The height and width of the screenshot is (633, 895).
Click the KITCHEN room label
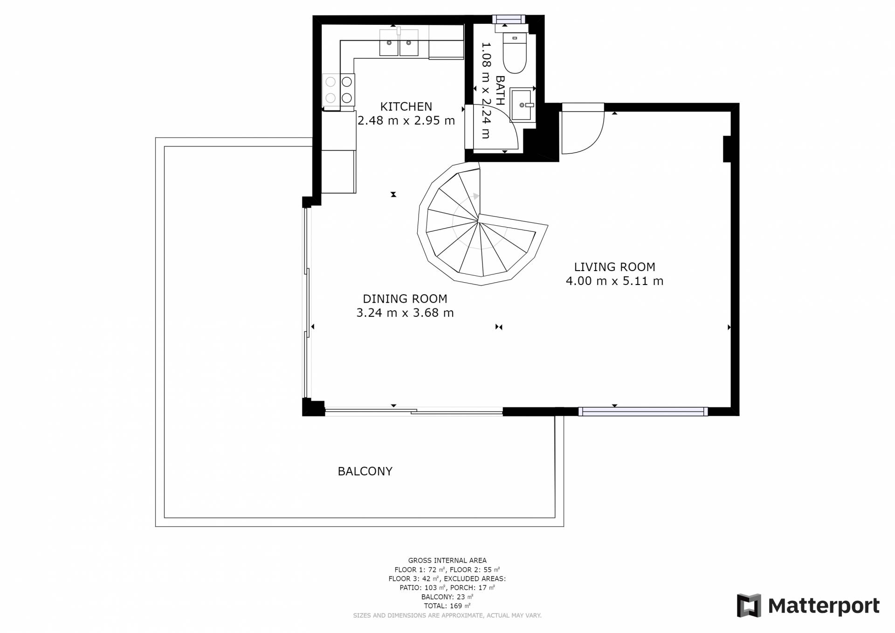406,106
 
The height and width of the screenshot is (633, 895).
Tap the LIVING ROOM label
614,267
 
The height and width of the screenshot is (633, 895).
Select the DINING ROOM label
405,299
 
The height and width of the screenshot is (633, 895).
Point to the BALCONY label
365,471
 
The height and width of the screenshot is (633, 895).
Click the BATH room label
500,90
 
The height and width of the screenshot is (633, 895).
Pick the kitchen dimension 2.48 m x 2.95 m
406,120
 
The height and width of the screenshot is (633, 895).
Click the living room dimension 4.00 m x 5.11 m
614,281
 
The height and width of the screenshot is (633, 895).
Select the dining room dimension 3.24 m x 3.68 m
405,313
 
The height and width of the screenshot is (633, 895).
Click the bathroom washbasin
522,105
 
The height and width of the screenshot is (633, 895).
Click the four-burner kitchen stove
338,90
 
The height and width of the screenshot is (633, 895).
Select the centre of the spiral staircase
479,219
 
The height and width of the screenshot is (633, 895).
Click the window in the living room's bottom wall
643,411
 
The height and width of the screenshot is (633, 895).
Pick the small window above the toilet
509,19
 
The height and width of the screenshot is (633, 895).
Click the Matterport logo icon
749,605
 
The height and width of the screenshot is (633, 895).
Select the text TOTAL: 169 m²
447,606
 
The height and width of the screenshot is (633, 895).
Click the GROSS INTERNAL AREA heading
447,560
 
